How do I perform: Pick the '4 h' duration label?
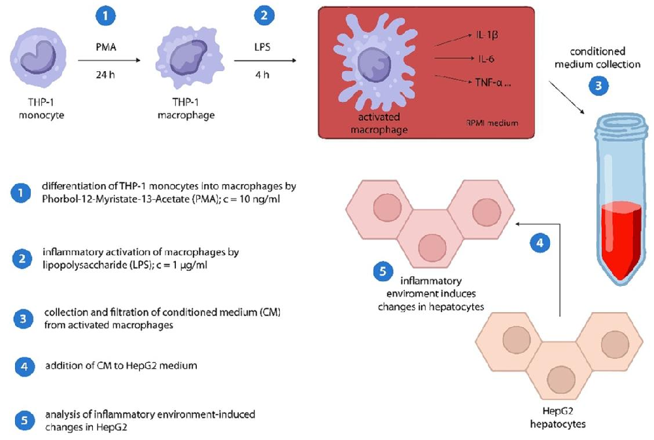coord(262,74)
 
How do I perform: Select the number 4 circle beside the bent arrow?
coord(540,243)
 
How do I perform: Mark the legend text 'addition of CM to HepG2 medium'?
coord(121,366)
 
